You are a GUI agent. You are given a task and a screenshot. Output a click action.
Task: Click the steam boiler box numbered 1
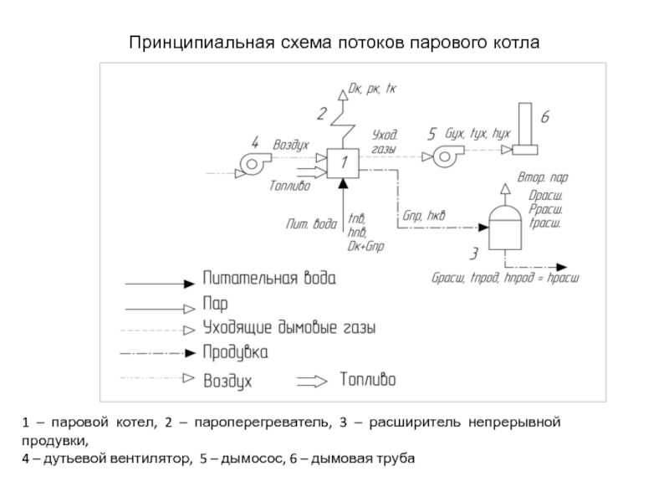coord(343,163)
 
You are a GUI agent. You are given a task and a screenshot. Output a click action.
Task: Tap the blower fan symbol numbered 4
coord(253,163)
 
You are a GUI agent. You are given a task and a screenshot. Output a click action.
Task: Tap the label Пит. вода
coord(311,223)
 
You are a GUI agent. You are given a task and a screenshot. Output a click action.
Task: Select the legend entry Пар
coord(215,303)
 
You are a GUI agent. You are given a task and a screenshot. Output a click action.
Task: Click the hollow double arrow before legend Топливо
coord(313,381)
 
